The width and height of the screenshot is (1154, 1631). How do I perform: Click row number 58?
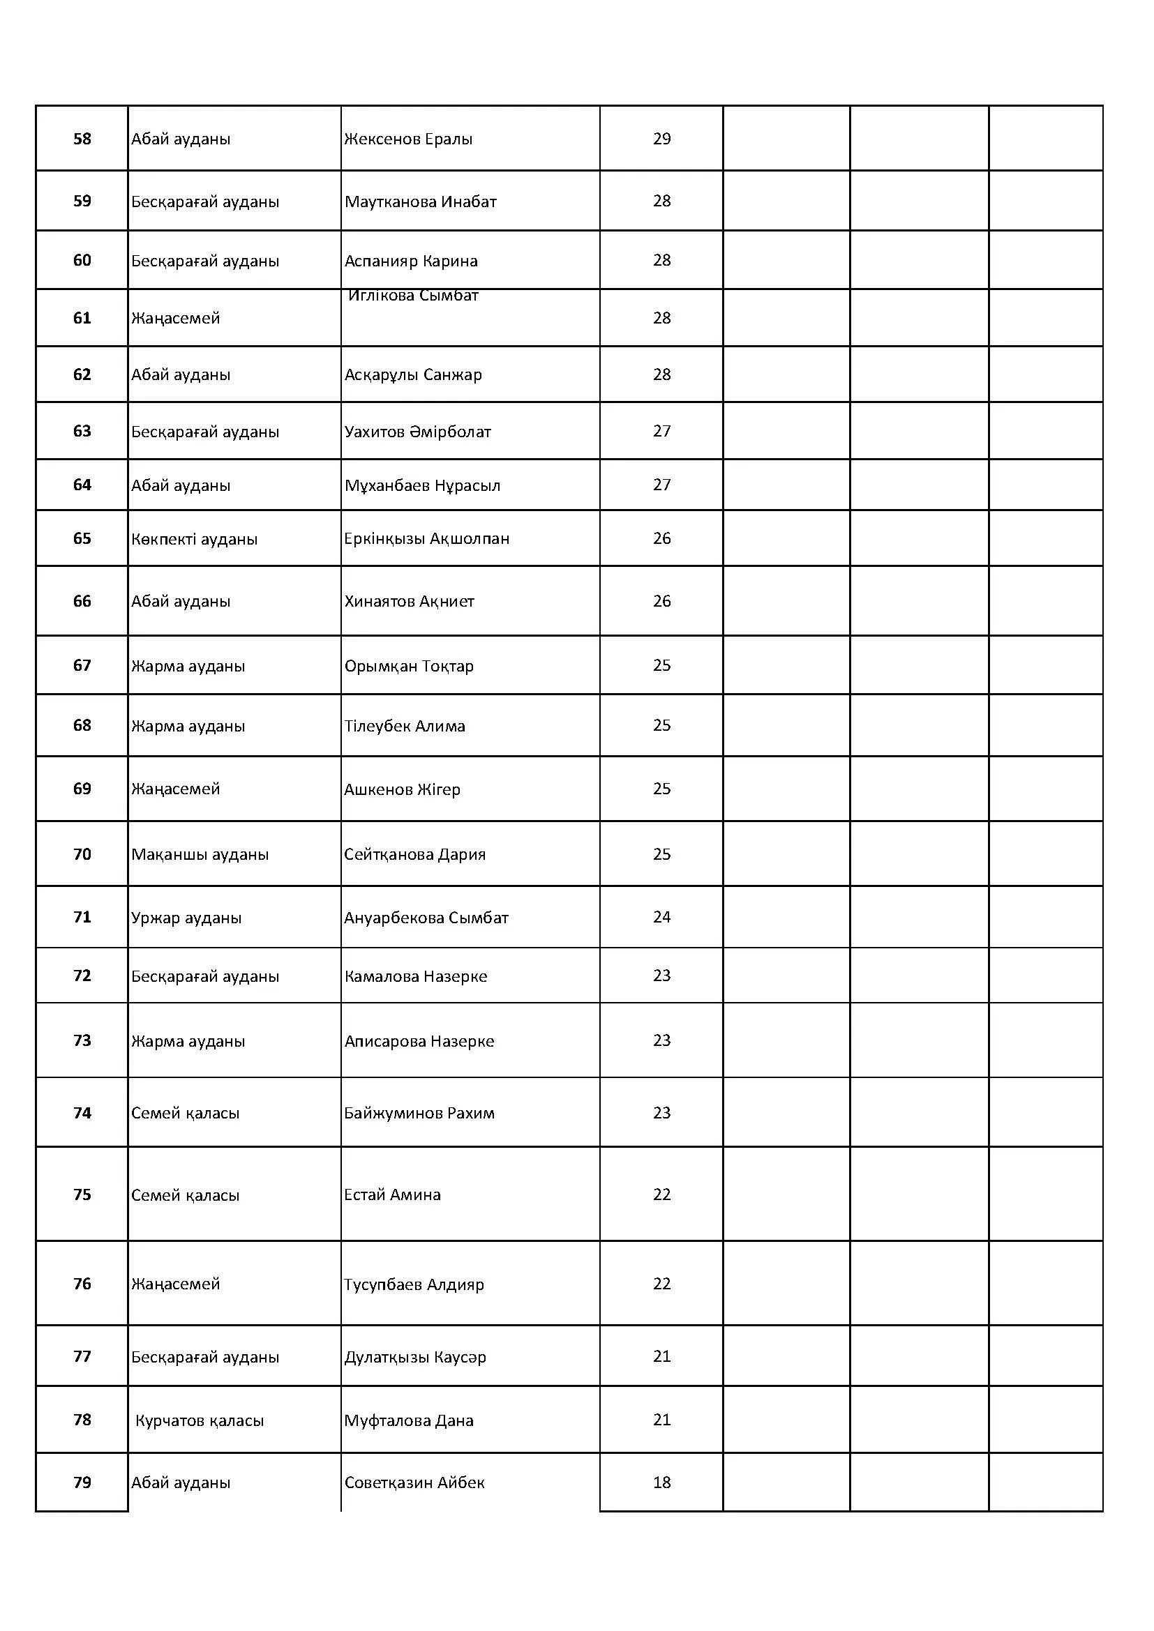click(x=82, y=139)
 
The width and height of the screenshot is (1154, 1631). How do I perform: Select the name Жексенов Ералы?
click(x=408, y=139)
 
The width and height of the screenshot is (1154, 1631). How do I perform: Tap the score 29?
click(x=661, y=139)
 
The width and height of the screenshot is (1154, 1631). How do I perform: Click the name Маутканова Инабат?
click(x=420, y=202)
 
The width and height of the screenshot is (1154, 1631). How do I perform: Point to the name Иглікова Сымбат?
click(x=413, y=296)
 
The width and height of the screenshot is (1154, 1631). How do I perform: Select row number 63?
click(x=82, y=431)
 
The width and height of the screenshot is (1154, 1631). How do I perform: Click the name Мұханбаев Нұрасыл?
click(x=422, y=486)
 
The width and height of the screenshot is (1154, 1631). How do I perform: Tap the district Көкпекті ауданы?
click(x=194, y=539)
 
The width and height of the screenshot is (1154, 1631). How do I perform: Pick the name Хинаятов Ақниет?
click(x=410, y=602)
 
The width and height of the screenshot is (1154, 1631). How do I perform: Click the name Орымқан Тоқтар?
click(x=409, y=667)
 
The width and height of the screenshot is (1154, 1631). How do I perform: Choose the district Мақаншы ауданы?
click(x=200, y=855)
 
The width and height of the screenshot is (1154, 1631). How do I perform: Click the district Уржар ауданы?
click(x=186, y=918)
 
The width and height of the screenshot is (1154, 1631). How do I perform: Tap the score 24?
click(x=661, y=917)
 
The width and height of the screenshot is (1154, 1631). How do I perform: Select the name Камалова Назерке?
click(x=416, y=977)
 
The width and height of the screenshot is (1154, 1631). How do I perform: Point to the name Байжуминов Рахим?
click(x=419, y=1113)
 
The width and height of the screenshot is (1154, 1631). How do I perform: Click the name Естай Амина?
click(x=392, y=1195)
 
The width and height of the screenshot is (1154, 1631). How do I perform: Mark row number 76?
click(x=82, y=1284)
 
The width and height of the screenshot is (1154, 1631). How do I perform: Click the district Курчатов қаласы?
click(x=199, y=1420)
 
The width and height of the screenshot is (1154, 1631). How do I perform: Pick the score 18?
click(x=661, y=1482)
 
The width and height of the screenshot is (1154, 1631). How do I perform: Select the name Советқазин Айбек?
click(x=414, y=1483)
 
